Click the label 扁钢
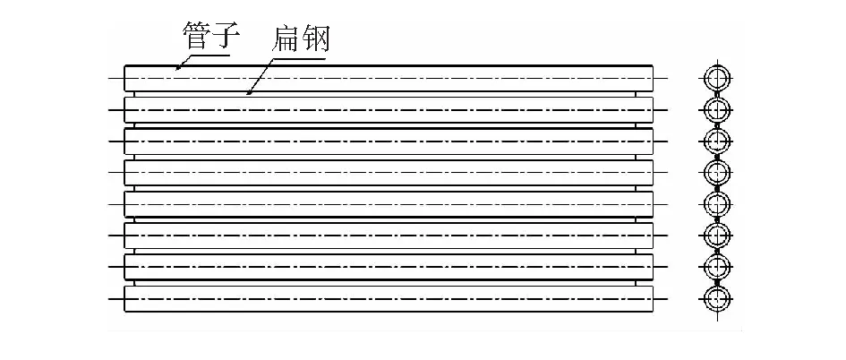click(300, 39)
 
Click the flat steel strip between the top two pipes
click(385, 94)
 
